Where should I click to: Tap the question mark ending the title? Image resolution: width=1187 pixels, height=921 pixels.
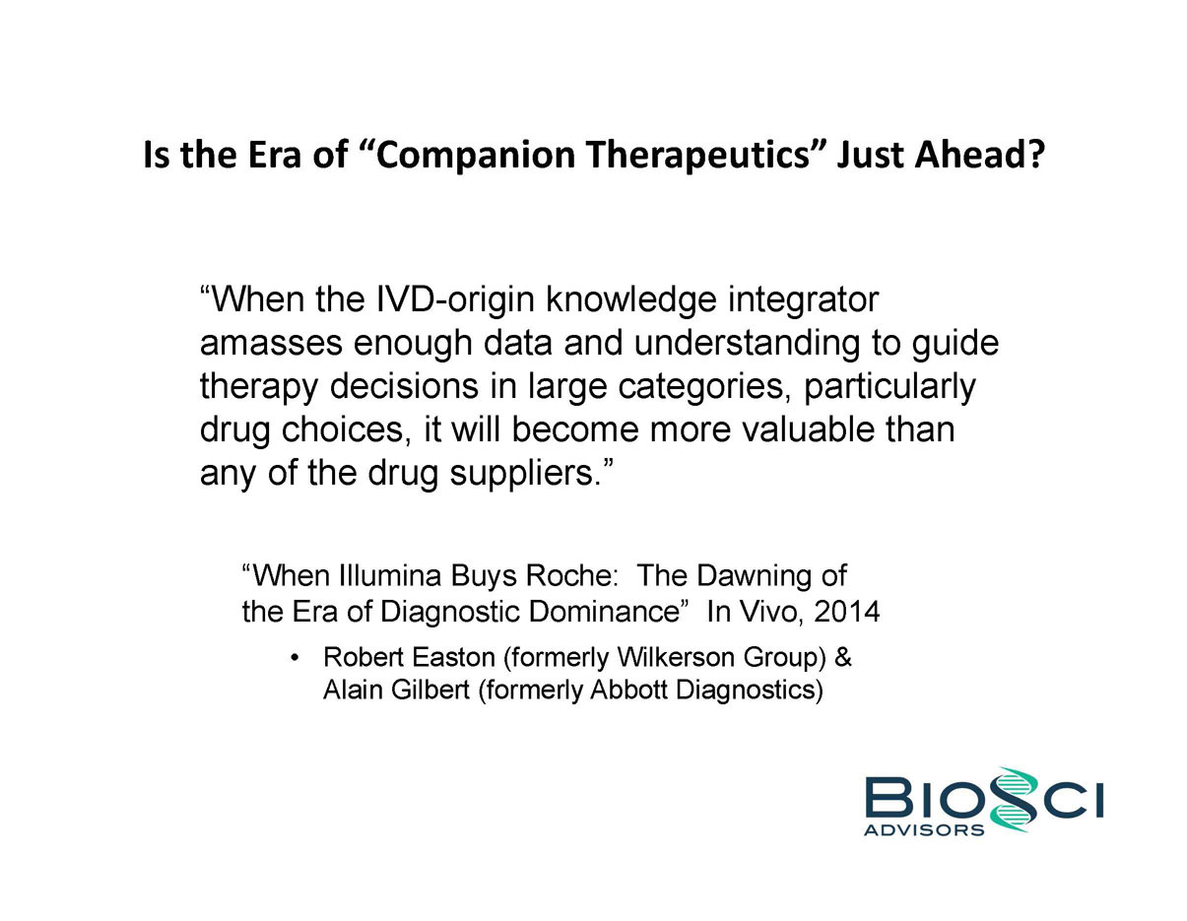(1034, 154)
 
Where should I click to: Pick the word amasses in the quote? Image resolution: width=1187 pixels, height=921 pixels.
(271, 344)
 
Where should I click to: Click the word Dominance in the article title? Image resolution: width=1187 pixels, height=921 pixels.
(605, 612)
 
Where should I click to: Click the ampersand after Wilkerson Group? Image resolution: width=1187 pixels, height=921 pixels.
(843, 657)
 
